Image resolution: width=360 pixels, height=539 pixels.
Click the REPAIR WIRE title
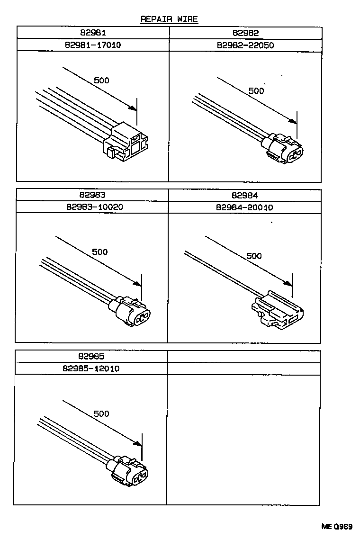point(169,19)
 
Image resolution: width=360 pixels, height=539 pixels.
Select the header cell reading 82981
point(93,33)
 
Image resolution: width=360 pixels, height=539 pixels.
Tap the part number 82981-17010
point(93,45)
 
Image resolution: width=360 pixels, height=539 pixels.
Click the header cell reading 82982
point(245,33)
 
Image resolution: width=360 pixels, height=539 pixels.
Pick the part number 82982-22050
point(245,45)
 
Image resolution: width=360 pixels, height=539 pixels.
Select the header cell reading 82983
point(92,195)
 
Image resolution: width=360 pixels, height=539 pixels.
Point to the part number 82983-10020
point(92,207)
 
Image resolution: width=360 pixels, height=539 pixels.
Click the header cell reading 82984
point(244,195)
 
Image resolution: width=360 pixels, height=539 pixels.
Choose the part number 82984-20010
point(244,207)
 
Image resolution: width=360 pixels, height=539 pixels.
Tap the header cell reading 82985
point(91,356)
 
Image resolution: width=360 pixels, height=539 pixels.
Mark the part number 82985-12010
point(91,368)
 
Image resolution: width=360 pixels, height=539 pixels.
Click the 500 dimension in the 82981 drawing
point(101,80)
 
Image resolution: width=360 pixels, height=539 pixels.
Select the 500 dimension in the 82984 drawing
point(254,256)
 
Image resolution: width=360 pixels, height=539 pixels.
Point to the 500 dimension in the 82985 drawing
point(101,413)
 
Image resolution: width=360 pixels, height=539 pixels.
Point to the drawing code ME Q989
point(338,527)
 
